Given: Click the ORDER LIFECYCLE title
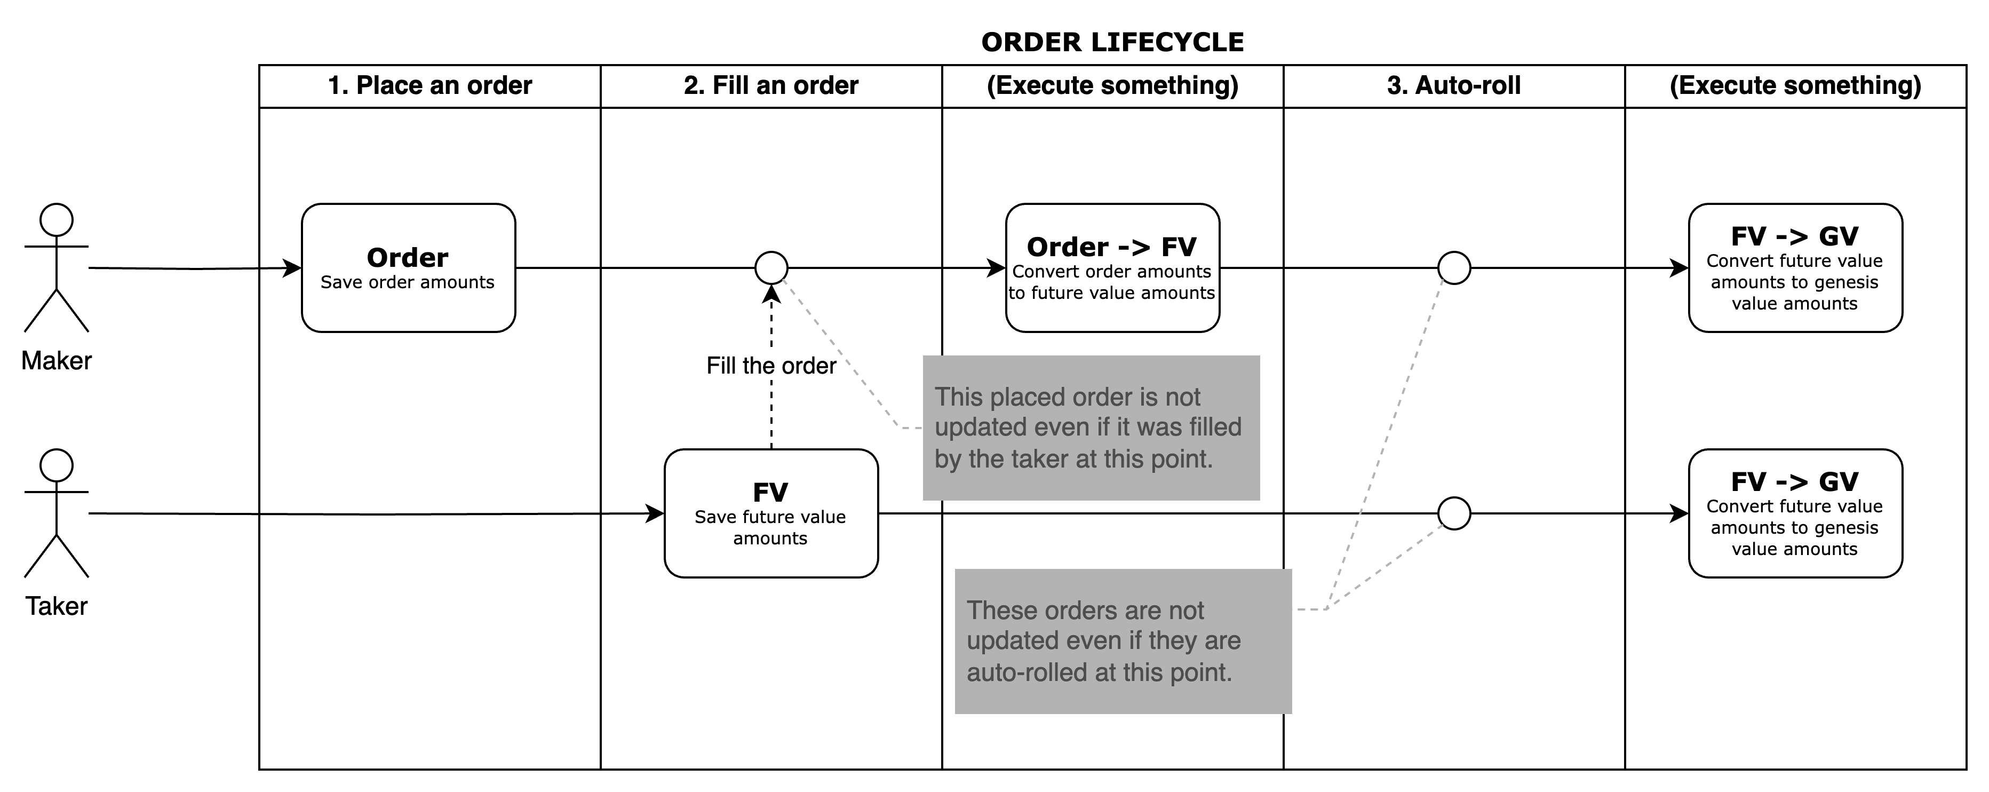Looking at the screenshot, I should coord(1112,43).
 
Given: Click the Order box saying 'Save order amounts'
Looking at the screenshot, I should coord(408,267).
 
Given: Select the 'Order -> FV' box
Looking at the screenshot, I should coord(1112,267).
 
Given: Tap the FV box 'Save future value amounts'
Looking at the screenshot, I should coord(770,513).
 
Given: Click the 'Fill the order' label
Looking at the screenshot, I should coord(770,366).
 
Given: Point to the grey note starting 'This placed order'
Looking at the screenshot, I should coord(1090,427).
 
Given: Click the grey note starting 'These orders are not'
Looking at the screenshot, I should coord(1123,640).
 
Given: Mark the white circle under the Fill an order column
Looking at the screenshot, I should coord(770,268).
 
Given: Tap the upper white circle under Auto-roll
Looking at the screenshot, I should coord(1454,268).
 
